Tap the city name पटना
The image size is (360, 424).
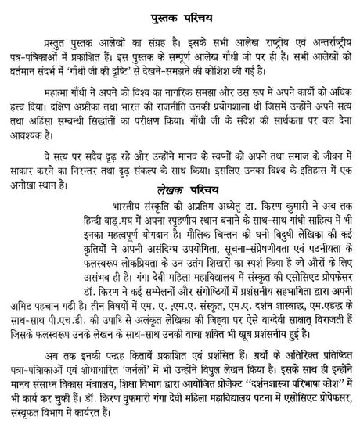[255, 403]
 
